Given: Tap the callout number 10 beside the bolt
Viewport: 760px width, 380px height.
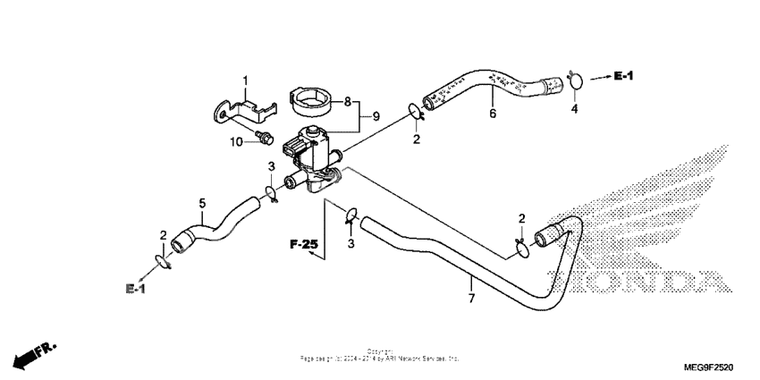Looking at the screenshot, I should click(237, 141).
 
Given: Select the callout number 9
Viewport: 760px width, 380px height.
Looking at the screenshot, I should click(376, 116).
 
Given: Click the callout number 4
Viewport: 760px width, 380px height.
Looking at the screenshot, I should click(575, 109).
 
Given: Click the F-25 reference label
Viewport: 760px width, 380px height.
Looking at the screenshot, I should click(304, 243).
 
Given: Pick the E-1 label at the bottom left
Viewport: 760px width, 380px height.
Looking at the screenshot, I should click(136, 289).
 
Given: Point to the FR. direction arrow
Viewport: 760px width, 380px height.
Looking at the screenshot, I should click(28, 353).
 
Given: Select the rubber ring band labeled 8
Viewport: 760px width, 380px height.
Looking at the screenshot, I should click(311, 100).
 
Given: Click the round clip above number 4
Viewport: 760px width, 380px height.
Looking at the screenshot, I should click(575, 81).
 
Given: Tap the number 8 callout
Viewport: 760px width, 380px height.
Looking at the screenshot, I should click(348, 102).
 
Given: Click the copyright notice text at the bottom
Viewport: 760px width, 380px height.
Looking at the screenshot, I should click(380, 355).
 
